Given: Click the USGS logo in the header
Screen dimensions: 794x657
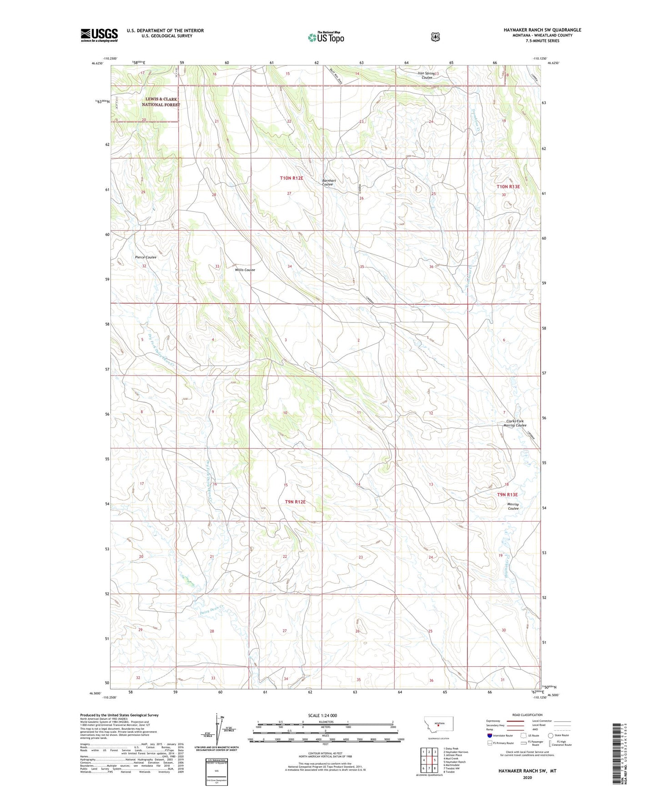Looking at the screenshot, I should click(x=99, y=35).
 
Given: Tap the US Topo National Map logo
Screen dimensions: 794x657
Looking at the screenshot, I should click(x=326, y=37).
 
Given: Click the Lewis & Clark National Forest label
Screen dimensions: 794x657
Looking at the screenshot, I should click(x=160, y=102).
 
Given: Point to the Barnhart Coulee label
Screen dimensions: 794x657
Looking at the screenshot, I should click(x=328, y=181).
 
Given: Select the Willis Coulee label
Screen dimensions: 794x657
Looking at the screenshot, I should click(x=245, y=270).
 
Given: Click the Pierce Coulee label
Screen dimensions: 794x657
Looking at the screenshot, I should click(x=145, y=257).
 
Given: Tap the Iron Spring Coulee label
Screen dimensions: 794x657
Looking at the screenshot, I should click(x=426, y=75).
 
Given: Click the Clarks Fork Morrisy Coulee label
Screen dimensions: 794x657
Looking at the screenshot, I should click(x=515, y=423).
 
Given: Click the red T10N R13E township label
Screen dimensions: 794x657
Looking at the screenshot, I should click(x=507, y=186).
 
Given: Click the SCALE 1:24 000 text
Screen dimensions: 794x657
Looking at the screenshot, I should click(x=322, y=715).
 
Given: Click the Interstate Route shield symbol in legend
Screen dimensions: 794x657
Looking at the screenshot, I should click(x=489, y=735).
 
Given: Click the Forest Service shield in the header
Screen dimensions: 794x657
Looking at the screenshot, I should click(x=435, y=37).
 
